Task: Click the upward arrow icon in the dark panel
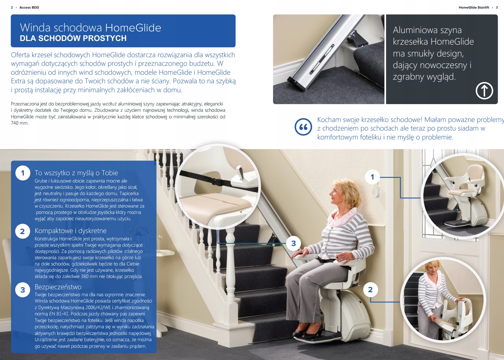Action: pyautogui.click(x=484, y=91)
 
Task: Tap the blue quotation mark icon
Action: pyautogui.click(x=303, y=127)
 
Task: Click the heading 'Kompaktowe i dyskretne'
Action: pyautogui.click(x=70, y=231)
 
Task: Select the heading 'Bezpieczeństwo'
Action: pyautogui.click(x=58, y=287)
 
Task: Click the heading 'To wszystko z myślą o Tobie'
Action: pyautogui.click(x=76, y=173)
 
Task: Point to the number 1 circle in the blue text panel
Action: pyautogui.click(x=23, y=173)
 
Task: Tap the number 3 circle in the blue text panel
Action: pyautogui.click(x=23, y=290)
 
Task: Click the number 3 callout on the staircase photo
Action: pyautogui.click(x=293, y=243)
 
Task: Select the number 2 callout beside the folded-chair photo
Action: pyautogui.click(x=370, y=290)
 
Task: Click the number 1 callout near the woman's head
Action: pyautogui.click(x=372, y=177)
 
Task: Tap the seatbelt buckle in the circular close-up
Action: pyautogui.click(x=218, y=181)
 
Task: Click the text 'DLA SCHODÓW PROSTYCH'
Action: pyautogui.click(x=73, y=38)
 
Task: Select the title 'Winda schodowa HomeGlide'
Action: pyautogui.click(x=91, y=28)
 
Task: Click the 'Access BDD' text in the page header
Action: pyautogui.click(x=29, y=7)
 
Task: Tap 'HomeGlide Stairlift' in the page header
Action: pyautogui.click(x=474, y=7)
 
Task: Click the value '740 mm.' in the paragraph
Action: pyautogui.click(x=20, y=123)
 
